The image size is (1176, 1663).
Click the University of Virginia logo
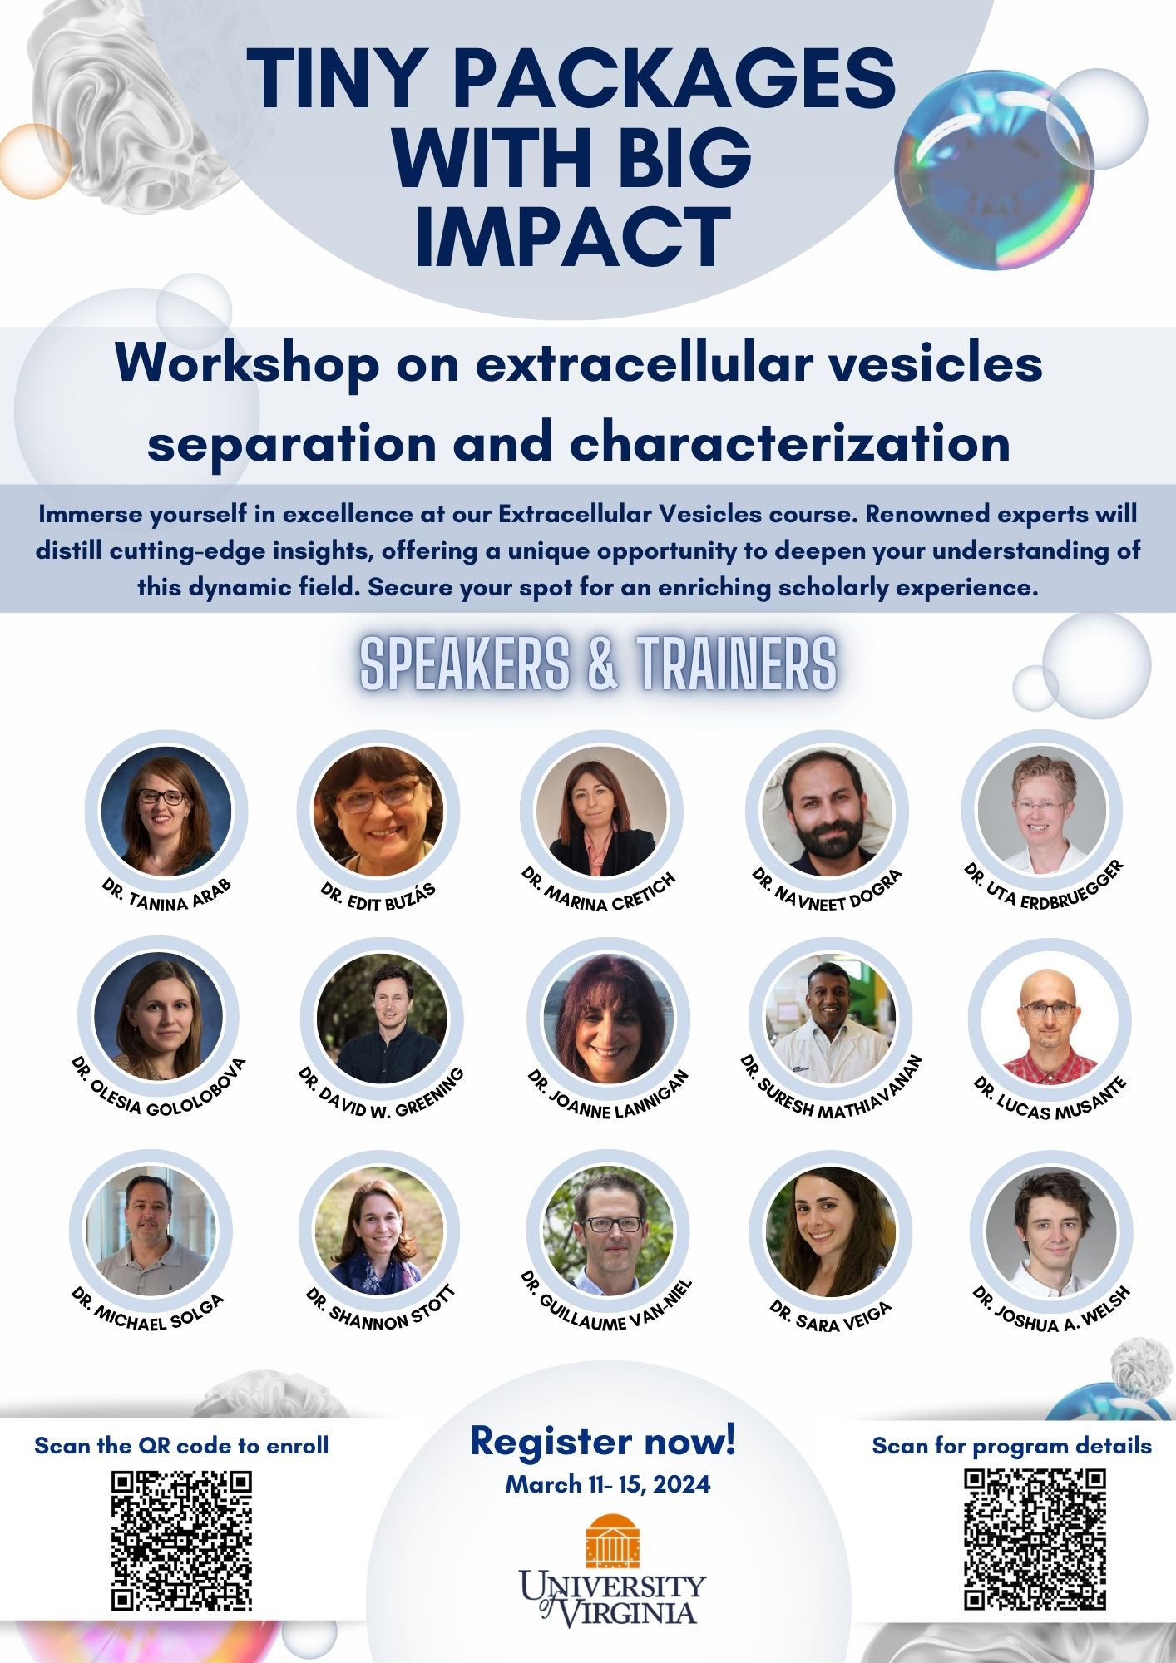pyautogui.click(x=612, y=1570)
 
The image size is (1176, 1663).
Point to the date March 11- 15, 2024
pyautogui.click(x=608, y=1484)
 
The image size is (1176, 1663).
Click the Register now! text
pyautogui.click(x=603, y=1441)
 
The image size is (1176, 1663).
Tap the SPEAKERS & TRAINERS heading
pyautogui.click(x=598, y=664)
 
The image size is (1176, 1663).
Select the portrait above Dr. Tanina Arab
pyautogui.click(x=166, y=811)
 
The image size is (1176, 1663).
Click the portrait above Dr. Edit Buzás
pyautogui.click(x=378, y=811)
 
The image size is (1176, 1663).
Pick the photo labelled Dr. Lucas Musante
pyautogui.click(x=1050, y=1019)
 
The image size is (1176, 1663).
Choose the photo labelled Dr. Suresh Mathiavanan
pyautogui.click(x=831, y=1019)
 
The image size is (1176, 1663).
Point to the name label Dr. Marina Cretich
pyautogui.click(x=599, y=891)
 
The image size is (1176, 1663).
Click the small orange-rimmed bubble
pyautogui.click(x=34, y=160)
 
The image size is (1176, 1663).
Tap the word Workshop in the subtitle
pyautogui.click(x=248, y=363)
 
